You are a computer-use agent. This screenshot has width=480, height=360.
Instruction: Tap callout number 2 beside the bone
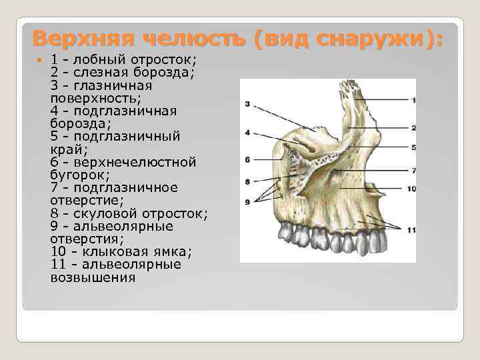coord(413,127)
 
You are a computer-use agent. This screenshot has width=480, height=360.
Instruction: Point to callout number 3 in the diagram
coord(247,104)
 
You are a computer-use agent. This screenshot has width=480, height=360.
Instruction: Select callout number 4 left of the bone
coord(247,133)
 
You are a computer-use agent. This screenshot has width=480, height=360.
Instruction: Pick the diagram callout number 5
coord(413,147)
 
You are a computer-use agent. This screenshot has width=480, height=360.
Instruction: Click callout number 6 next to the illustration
coord(247,159)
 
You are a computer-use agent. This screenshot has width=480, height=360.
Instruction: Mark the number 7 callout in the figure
coord(413,171)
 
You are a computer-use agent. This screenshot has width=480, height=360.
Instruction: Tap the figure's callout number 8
coord(247,181)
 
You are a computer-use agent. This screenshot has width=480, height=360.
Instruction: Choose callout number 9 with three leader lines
coord(247,201)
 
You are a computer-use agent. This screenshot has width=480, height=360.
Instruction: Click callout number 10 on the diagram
coord(411,189)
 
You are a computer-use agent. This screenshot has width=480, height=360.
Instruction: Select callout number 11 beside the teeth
coord(411,230)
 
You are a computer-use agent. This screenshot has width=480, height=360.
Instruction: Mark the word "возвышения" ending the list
coord(93,277)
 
